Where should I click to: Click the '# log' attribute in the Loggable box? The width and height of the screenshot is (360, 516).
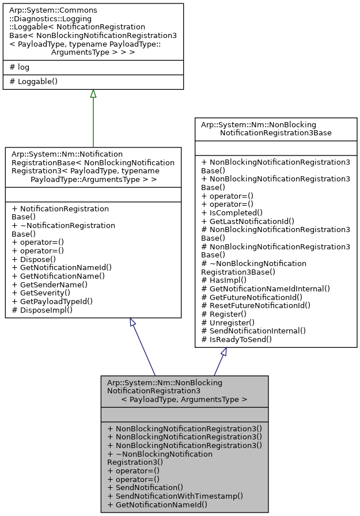pyautogui.click(x=20, y=67)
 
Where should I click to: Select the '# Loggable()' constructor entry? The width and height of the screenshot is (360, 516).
pyautogui.click(x=35, y=81)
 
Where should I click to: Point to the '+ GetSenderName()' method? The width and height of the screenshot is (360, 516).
pyautogui.click(x=50, y=284)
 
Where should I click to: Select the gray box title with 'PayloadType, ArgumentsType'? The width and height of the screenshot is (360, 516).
pyautogui.click(x=184, y=390)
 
